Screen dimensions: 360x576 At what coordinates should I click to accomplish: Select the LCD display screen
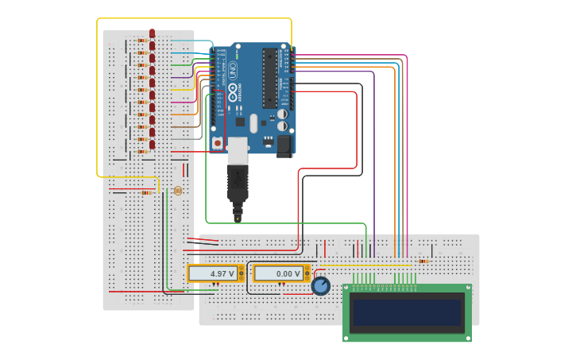(408, 312)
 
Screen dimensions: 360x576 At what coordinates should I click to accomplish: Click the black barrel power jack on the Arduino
(284, 145)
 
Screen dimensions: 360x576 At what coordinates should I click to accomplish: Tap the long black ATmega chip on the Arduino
(270, 78)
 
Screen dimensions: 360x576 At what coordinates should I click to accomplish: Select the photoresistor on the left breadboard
(177, 191)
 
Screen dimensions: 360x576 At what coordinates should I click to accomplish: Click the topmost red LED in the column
(152, 34)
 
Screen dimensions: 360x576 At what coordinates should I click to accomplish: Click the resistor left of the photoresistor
(146, 192)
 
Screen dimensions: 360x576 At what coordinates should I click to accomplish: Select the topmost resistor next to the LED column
(141, 41)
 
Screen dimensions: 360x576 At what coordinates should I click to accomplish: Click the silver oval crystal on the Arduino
(253, 123)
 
